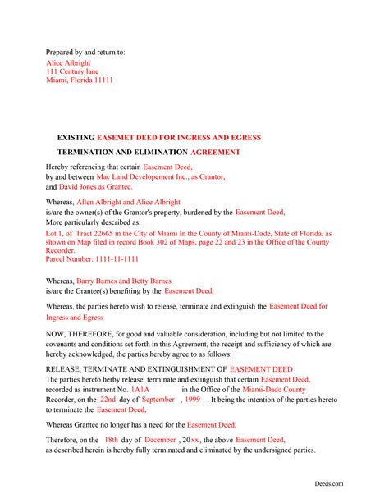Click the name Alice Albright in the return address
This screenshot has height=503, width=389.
[x=68, y=62]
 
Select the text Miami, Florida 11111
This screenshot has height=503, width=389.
[x=80, y=80]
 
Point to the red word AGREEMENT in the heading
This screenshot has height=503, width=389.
[x=215, y=153]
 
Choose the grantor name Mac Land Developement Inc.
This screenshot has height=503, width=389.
[x=150, y=176]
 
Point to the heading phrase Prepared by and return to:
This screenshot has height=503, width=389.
[x=85, y=53]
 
